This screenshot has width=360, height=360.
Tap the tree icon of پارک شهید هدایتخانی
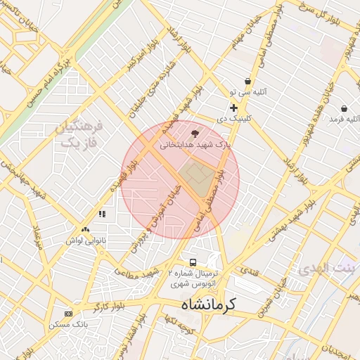(195, 134)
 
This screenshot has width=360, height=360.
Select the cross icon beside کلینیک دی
(233, 108)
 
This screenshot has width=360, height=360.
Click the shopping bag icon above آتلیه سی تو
(247, 81)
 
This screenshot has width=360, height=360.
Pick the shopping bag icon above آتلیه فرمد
(343, 108)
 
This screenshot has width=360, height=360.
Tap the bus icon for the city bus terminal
(184, 261)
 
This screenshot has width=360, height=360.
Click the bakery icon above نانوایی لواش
(85, 229)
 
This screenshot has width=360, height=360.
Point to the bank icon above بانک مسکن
(68, 313)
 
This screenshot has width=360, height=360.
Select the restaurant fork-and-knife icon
(102, 214)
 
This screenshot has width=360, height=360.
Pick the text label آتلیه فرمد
(345, 120)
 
